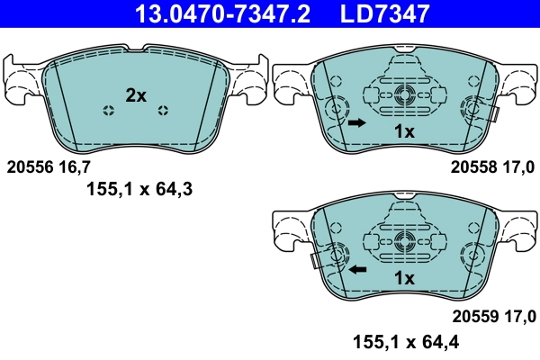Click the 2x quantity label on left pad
tap(135, 94)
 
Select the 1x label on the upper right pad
tap(404, 131)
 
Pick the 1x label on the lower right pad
tap(404, 279)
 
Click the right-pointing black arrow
tap(356, 122)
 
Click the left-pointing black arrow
tap(357, 268)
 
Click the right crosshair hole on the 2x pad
tap(163, 111)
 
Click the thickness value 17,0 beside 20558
tap(519, 166)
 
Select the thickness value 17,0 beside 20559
tap(519, 316)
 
